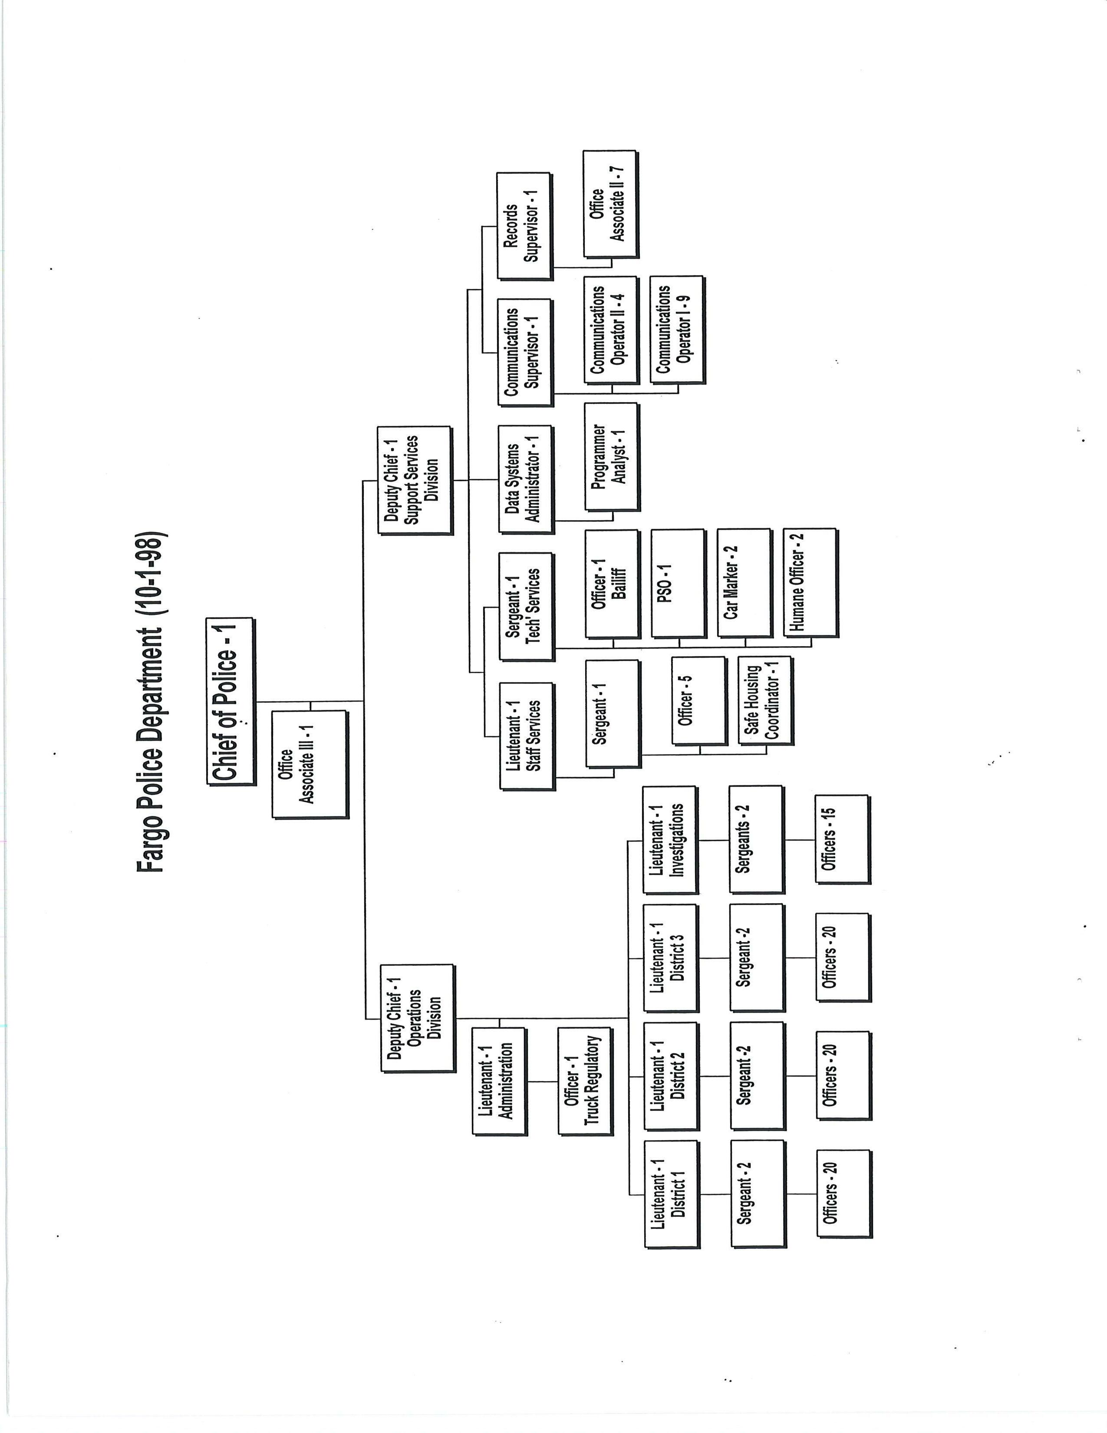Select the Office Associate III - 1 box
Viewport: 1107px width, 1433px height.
click(x=309, y=764)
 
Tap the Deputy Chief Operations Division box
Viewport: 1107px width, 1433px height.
click(x=417, y=1018)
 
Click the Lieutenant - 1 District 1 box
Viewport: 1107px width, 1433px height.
click(x=672, y=1194)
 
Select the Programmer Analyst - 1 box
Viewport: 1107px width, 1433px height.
click(x=611, y=457)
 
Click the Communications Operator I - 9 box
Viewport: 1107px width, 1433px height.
click(x=677, y=330)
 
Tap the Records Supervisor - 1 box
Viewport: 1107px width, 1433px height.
click(x=524, y=226)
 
